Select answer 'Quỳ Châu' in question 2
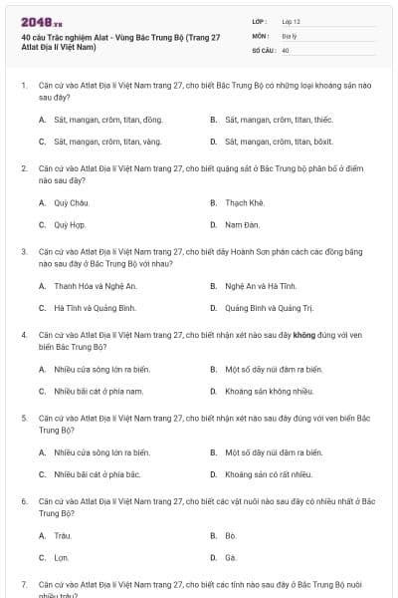click(65, 202)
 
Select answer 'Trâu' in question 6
click(62, 535)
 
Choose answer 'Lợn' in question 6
click(61, 557)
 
